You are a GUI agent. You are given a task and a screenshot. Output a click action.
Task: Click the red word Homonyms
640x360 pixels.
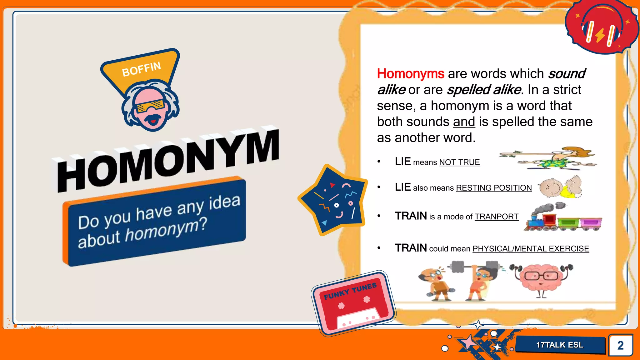410,74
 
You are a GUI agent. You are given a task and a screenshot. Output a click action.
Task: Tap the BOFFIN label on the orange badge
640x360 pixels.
141,69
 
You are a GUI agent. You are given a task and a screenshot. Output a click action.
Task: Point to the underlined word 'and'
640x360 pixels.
464,122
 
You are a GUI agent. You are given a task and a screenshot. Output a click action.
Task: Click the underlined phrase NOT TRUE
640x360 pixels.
459,162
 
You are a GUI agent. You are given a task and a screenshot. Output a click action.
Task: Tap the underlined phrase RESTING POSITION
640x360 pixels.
494,188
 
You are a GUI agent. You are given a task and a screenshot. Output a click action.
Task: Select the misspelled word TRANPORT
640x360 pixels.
497,217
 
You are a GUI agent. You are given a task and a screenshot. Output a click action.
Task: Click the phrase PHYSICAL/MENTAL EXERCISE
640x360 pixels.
531,249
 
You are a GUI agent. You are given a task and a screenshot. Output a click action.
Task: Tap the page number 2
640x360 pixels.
620,345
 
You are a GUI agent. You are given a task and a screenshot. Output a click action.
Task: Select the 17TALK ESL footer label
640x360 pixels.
560,345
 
